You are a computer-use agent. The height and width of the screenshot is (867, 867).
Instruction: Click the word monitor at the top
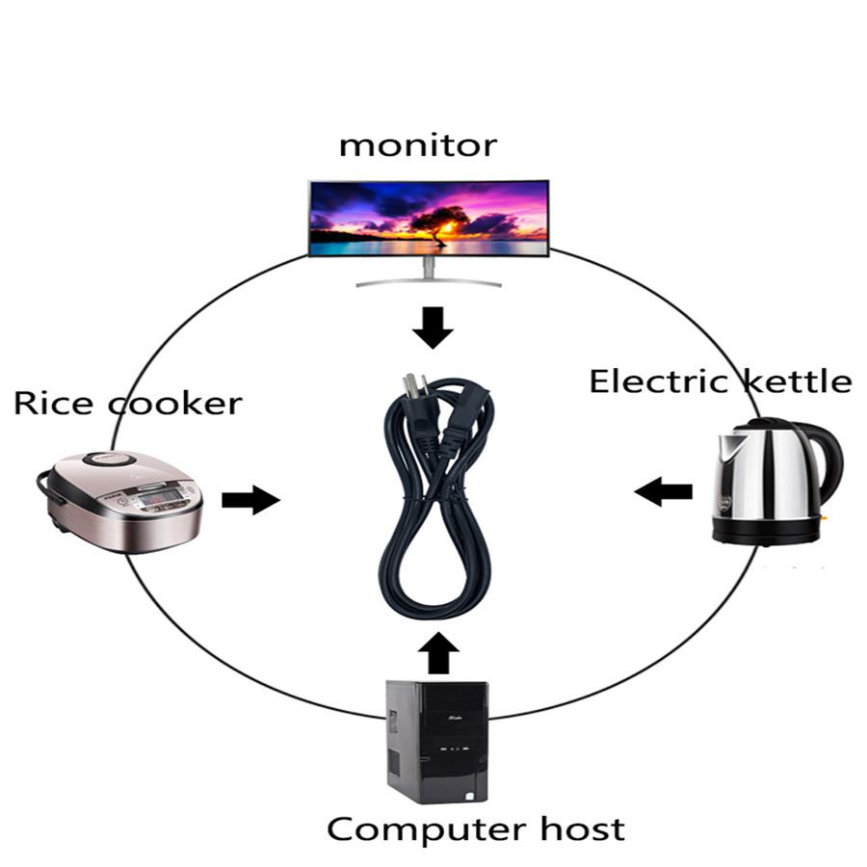click(x=417, y=145)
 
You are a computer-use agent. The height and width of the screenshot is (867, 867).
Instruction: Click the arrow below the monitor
click(x=433, y=328)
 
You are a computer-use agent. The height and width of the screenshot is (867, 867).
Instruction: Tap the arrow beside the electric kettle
click(x=664, y=492)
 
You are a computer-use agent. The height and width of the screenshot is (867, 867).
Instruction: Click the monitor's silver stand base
click(x=429, y=281)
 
